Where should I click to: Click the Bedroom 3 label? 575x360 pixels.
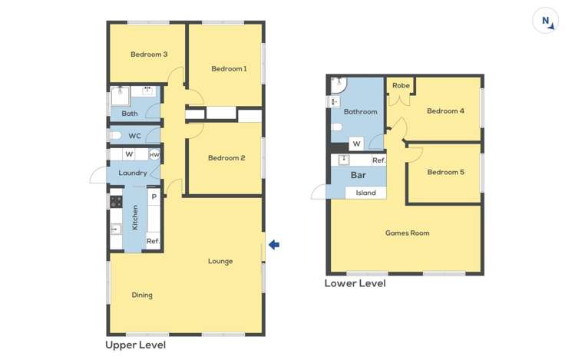click(149, 54)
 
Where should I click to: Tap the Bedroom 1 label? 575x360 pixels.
click(229, 69)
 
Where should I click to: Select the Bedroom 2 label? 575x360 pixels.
click(226, 158)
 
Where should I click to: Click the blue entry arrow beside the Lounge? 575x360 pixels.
click(274, 245)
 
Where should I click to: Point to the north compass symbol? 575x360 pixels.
click(546, 21)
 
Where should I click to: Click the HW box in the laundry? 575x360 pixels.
click(154, 155)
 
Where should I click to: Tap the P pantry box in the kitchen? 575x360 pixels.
click(154, 197)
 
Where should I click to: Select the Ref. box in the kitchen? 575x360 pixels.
click(153, 241)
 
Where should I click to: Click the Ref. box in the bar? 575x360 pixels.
click(378, 160)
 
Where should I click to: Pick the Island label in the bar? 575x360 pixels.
click(365, 193)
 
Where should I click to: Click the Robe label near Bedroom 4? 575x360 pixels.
click(401, 86)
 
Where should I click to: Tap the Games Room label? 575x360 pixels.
click(407, 233)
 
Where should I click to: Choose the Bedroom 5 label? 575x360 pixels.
click(445, 172)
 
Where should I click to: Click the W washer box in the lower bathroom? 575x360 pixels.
click(356, 144)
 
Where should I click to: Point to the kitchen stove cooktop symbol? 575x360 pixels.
click(116, 202)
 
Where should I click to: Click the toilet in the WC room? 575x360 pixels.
click(115, 136)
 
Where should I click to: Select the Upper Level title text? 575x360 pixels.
click(135, 345)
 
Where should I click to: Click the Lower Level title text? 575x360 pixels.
click(355, 283)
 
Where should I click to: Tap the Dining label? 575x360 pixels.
click(142, 295)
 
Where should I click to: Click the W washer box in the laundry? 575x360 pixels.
click(129, 155)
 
